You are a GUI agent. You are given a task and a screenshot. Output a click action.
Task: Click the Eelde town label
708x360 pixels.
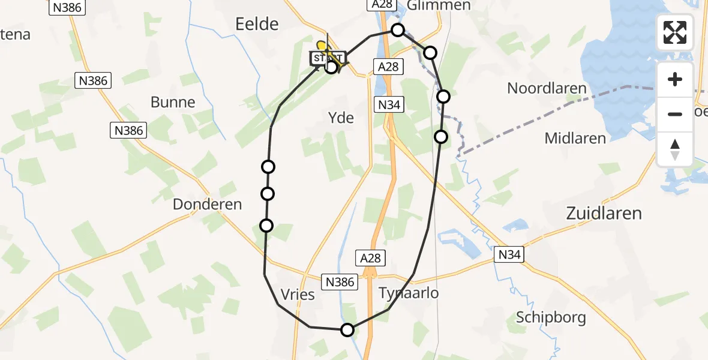click(x=257, y=24)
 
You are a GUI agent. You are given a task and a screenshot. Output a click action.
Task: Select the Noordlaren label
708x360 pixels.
click(x=547, y=88)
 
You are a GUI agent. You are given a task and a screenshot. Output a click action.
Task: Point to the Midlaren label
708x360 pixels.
click(x=575, y=139)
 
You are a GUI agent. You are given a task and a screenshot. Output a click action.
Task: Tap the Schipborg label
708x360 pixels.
click(x=550, y=317)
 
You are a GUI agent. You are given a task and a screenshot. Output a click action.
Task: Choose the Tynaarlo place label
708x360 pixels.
click(x=409, y=293)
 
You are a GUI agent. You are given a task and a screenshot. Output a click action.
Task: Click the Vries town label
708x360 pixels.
click(x=298, y=295)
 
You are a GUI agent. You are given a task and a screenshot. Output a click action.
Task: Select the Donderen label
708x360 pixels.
click(x=207, y=205)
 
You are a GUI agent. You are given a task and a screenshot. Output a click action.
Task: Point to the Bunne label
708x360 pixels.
click(x=173, y=102)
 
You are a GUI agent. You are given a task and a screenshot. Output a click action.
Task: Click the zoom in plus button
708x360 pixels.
click(x=675, y=79)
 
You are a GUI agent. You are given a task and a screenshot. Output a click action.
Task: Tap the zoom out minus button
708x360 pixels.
click(x=675, y=113)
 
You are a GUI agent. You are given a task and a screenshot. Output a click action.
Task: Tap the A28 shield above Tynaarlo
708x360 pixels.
click(x=370, y=258)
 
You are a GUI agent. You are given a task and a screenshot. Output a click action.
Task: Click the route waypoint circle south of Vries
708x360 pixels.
click(x=347, y=329)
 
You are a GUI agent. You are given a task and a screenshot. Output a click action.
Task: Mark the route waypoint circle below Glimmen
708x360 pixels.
click(x=397, y=29)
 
